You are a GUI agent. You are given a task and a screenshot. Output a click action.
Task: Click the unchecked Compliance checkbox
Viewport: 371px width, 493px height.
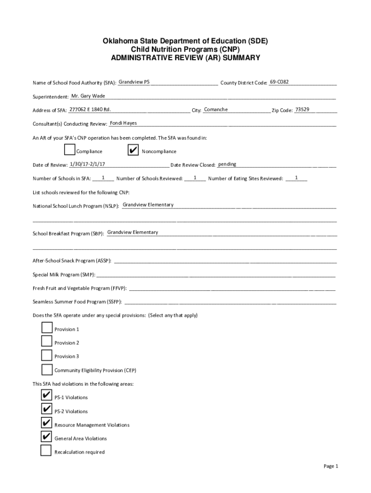[x=70, y=150]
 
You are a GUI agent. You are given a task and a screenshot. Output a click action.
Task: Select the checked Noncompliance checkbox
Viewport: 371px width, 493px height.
[x=133, y=150]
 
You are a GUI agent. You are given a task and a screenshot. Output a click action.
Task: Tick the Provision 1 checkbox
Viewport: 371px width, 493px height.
[x=47, y=328]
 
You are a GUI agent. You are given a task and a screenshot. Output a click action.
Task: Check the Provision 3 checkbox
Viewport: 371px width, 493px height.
[x=47, y=355]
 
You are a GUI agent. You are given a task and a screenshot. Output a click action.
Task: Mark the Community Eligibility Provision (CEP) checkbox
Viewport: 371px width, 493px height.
[x=47, y=369]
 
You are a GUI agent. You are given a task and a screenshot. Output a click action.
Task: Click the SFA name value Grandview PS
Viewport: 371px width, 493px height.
[x=134, y=82]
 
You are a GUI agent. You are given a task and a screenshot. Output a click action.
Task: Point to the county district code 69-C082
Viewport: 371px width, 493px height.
[x=279, y=82]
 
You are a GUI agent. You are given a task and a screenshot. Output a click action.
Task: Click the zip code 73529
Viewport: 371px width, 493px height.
[x=302, y=109]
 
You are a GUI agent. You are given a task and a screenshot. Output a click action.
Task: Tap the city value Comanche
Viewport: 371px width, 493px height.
[x=216, y=109]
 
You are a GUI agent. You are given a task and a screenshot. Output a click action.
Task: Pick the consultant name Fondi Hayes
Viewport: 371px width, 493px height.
[x=123, y=123]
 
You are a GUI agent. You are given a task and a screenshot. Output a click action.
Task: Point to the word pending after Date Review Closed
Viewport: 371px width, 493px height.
[x=227, y=164]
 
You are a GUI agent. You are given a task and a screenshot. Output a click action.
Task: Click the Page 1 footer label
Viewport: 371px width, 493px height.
[x=331, y=466]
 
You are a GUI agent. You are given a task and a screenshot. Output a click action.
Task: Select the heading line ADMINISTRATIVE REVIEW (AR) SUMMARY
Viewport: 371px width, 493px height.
[x=185, y=58]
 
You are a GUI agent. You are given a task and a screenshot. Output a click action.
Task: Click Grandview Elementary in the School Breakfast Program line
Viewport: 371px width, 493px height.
[x=132, y=232]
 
